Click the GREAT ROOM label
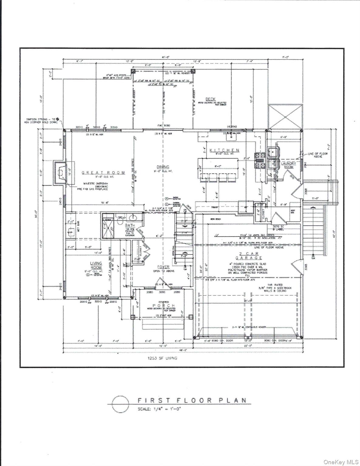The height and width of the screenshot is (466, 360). point(103,173)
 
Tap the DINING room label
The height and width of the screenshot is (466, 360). point(163,167)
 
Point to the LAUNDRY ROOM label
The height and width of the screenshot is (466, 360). point(288,165)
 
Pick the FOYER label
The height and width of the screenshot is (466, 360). point(163,267)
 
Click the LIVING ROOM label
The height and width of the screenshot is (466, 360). point(96,265)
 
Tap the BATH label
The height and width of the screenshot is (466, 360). point(130,225)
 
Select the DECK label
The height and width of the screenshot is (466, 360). point(211,99)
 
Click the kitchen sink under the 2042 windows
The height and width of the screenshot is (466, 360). point(233,137)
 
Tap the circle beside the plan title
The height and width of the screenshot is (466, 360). point(121,404)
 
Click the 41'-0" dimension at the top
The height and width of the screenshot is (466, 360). point(165,57)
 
